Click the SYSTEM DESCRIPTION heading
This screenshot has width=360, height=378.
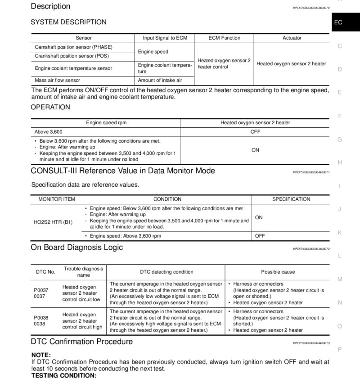68,22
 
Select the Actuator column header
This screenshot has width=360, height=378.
292,38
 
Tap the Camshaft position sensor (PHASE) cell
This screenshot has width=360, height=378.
74,47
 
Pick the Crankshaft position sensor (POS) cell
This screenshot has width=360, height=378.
72,56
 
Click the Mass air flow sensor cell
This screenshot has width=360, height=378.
58,80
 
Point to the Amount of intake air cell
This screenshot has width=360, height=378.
160,80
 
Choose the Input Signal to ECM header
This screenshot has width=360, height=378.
165,38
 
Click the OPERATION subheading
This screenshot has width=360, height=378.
50,107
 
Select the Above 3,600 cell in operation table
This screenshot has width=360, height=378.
49,132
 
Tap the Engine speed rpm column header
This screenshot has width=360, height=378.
106,123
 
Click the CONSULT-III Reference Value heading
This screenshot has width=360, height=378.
123,171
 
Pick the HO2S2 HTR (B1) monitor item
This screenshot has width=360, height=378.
53,222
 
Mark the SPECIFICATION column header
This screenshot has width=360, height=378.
291,199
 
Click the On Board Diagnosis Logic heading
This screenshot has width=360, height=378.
76,247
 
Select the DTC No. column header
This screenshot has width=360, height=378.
45,272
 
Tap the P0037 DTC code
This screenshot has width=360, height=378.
41,290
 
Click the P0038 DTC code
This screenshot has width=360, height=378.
41,317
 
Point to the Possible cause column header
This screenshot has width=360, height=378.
278,272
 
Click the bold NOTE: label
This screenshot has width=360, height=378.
41,355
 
